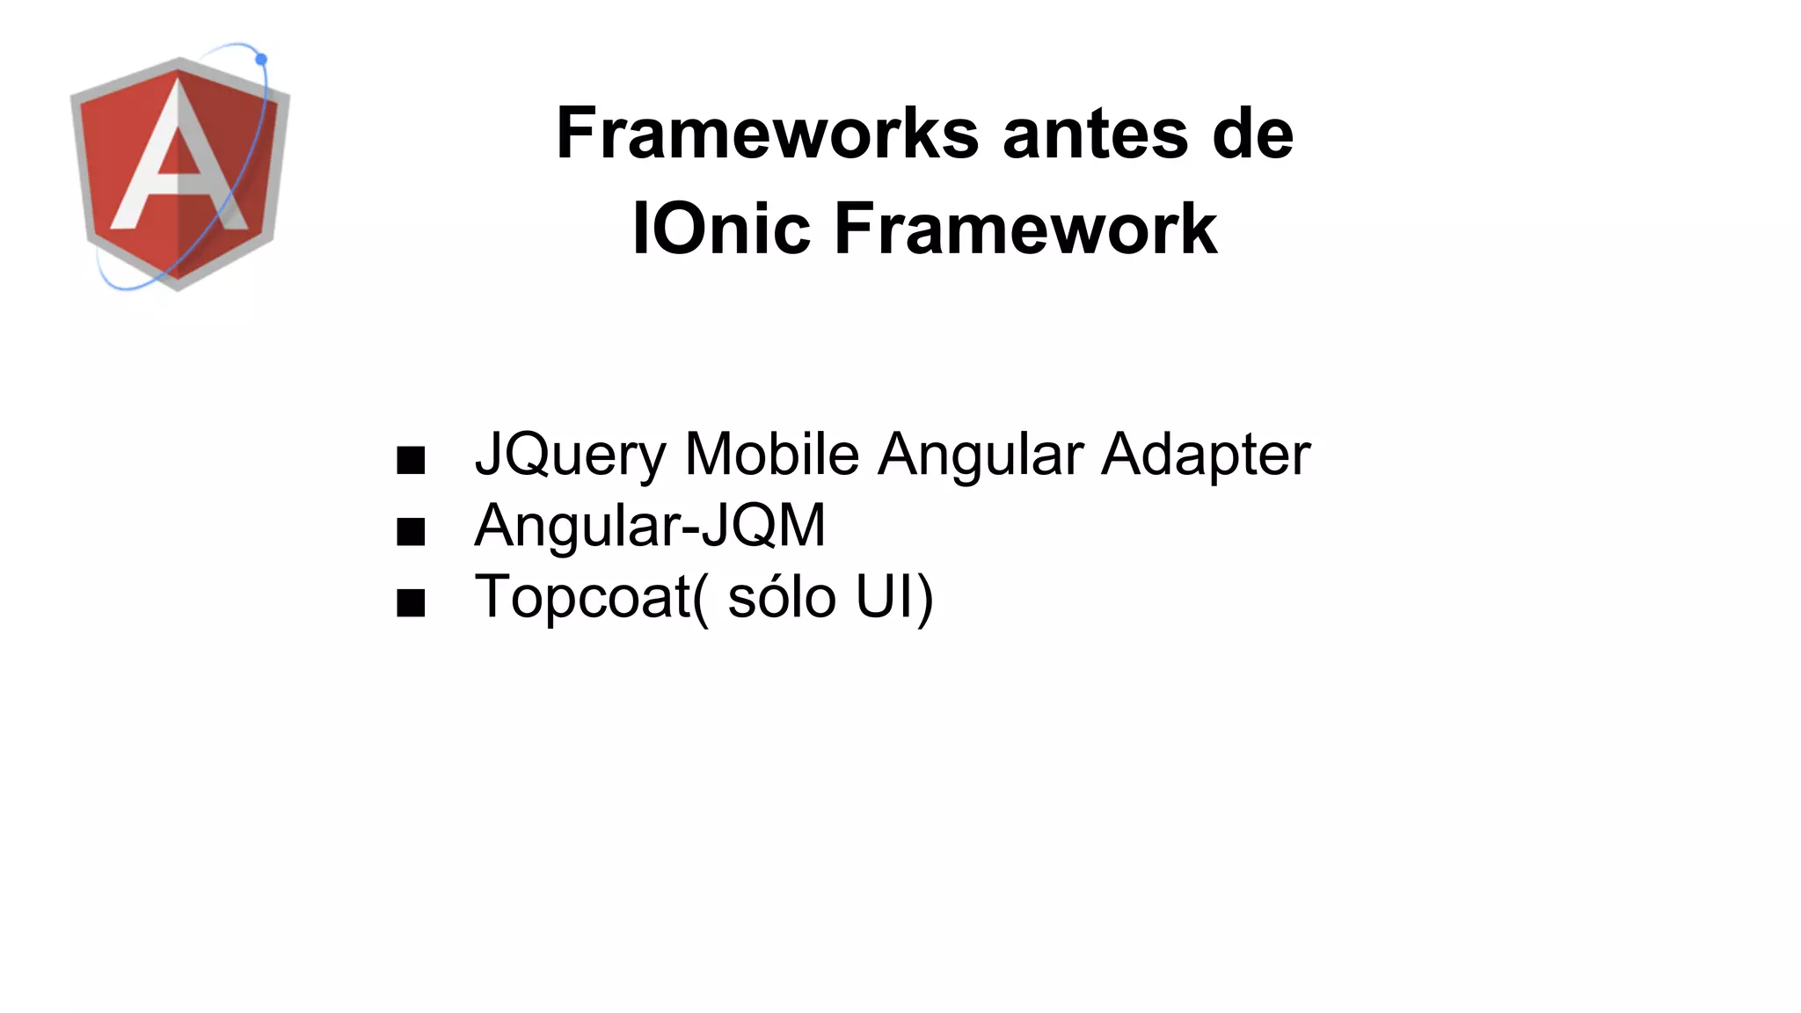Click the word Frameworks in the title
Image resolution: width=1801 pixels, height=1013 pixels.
pyautogui.click(x=768, y=134)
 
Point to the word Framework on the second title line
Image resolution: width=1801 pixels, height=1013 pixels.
pyautogui.click(x=1025, y=229)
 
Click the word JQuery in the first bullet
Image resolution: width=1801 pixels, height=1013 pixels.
pyautogui.click(x=571, y=455)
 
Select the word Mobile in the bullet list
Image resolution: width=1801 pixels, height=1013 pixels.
pyautogui.click(x=771, y=454)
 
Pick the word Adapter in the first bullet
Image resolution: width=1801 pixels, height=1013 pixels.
pyautogui.click(x=1206, y=455)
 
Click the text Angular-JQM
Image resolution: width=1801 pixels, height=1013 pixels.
pyautogui.click(x=650, y=526)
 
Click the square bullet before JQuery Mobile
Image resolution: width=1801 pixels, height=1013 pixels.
pyautogui.click(x=411, y=460)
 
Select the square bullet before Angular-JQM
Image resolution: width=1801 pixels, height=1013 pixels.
pyautogui.click(x=411, y=531)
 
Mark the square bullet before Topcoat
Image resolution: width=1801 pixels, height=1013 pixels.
pyautogui.click(x=411, y=603)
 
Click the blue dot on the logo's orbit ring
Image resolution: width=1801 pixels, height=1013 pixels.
pyautogui.click(x=261, y=59)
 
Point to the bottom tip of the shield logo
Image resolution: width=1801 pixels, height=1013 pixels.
pyautogui.click(x=178, y=286)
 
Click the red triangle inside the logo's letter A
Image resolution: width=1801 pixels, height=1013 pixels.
pyautogui.click(x=180, y=157)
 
